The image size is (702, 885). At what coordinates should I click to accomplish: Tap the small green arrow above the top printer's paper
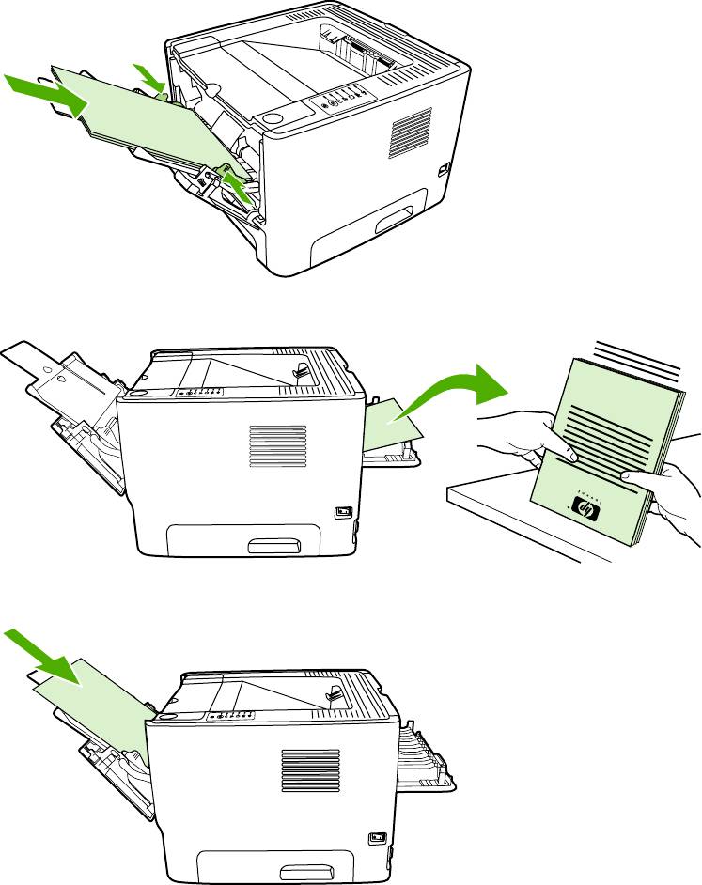tap(148, 77)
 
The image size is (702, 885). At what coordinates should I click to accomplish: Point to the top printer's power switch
tap(444, 170)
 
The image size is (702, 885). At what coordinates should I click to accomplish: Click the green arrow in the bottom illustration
tap(48, 657)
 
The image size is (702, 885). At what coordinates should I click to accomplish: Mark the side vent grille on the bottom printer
tap(309, 770)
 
